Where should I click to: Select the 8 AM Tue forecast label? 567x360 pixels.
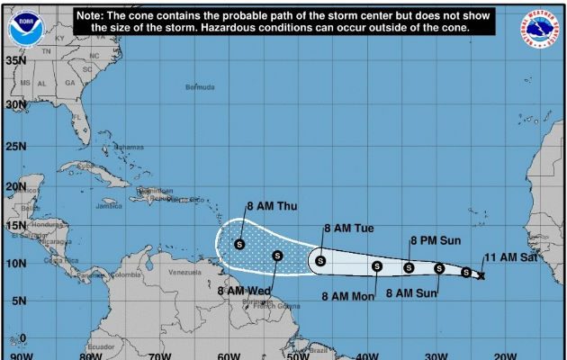[x=348, y=229]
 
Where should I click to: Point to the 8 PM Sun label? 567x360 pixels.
[x=436, y=240]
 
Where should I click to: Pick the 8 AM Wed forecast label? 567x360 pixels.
[x=244, y=291]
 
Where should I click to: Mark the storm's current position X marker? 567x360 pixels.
[x=481, y=275]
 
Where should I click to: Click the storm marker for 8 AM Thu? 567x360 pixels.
[x=239, y=244]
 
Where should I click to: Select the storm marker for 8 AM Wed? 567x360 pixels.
[x=277, y=256]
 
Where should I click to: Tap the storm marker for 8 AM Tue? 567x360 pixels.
[x=319, y=262]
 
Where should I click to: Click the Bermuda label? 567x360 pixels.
[x=200, y=87]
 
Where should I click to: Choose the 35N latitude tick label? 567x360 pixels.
[x=14, y=60]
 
